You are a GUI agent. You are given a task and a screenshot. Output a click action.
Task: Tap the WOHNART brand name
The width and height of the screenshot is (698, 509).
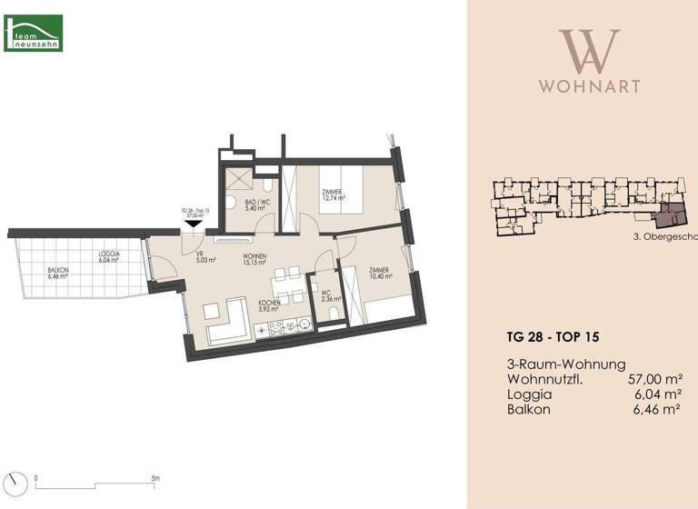(x=589, y=86)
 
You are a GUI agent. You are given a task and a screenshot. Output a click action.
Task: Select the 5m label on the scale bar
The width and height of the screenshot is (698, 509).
(x=155, y=477)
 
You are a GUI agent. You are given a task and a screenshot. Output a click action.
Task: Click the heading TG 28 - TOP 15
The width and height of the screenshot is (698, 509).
(x=549, y=336)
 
